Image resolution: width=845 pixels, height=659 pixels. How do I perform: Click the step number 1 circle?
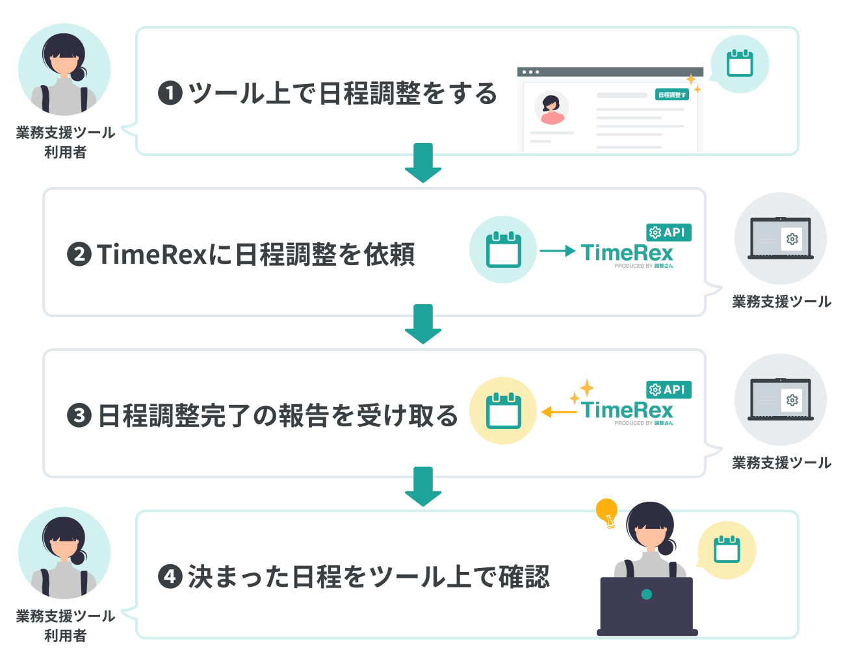point(170,93)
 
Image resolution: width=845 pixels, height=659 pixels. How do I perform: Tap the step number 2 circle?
point(79,253)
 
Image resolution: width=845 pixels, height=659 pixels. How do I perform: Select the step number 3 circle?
point(79,415)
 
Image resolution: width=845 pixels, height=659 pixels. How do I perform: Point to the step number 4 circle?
point(170,576)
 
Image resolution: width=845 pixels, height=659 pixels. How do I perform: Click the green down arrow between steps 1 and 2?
point(423,162)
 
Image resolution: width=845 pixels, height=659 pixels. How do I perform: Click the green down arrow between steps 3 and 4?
point(423,486)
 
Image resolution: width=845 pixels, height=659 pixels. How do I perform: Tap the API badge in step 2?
point(668,232)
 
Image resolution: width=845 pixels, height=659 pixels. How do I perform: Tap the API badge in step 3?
point(668,389)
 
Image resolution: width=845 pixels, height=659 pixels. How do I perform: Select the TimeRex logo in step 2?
point(627,253)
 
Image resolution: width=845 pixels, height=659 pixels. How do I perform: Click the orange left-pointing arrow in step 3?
point(558,412)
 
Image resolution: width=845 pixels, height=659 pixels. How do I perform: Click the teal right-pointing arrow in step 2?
point(558,251)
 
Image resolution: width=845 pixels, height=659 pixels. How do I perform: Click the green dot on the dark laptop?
point(646,594)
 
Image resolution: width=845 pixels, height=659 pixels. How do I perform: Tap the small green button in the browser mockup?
point(671,95)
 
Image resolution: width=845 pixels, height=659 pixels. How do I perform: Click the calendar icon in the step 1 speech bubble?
point(740,64)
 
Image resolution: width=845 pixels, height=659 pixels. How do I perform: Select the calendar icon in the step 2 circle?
point(503,250)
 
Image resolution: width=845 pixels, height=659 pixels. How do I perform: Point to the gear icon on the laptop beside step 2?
point(792,239)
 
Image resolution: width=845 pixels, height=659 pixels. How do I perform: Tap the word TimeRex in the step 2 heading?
point(152,254)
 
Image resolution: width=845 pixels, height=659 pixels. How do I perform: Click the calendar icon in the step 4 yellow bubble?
point(727,550)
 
